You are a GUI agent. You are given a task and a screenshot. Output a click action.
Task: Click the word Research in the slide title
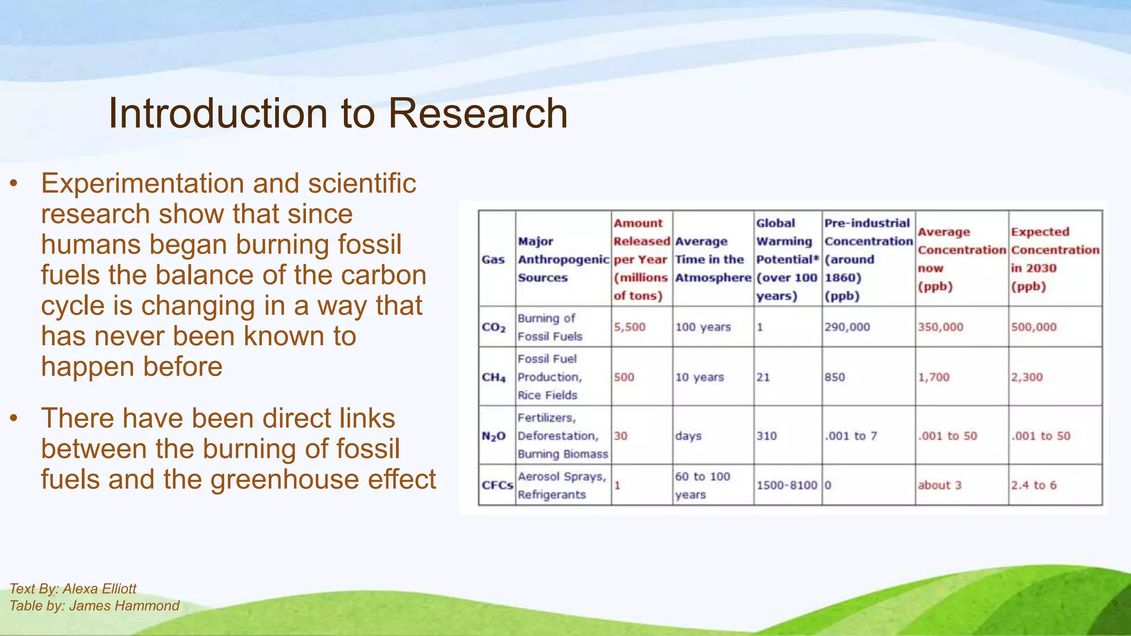[x=478, y=114]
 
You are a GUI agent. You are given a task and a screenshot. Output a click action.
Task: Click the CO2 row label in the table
[x=494, y=327]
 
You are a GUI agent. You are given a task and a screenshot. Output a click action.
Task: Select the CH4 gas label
[x=494, y=378]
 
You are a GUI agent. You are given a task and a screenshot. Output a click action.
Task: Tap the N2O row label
[x=494, y=436]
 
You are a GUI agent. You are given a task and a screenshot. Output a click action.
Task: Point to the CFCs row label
[x=497, y=485]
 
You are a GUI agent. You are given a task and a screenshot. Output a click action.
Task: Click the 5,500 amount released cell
[x=630, y=327]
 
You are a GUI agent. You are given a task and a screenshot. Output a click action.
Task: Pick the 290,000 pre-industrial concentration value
[x=847, y=327]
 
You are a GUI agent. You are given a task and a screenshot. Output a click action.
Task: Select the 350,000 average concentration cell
[x=940, y=327]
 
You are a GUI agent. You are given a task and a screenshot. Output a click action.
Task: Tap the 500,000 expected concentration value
[x=1034, y=327]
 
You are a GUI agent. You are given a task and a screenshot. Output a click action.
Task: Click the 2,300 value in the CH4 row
[x=1027, y=378]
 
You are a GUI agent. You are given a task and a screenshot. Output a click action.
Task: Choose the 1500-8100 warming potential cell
[x=786, y=485]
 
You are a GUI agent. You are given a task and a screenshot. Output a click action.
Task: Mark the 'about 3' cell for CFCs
[x=939, y=485]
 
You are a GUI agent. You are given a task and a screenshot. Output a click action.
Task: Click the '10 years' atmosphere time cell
[x=700, y=378]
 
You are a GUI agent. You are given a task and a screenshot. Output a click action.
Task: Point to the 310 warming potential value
[x=767, y=436]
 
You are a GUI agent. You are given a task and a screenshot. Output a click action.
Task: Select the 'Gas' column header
[x=493, y=259]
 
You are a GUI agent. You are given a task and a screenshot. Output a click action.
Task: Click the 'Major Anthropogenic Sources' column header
[x=563, y=259]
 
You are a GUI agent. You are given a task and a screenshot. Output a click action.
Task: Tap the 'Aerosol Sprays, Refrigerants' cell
[x=562, y=485]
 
